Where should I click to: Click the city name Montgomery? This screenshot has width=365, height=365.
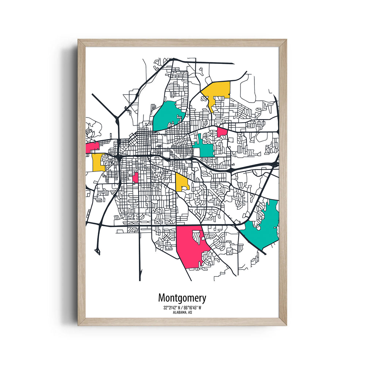(x=182, y=298)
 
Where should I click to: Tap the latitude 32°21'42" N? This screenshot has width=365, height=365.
(x=173, y=308)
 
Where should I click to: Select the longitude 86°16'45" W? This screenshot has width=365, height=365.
(x=192, y=308)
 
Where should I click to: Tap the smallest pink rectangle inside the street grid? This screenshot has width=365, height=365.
(x=135, y=177)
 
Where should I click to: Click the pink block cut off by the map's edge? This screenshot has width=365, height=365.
(x=92, y=147)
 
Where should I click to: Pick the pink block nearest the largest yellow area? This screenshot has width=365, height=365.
(x=222, y=132)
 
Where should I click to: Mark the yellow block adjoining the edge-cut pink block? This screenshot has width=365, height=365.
(x=98, y=162)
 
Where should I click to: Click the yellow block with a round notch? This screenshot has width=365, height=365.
(x=181, y=181)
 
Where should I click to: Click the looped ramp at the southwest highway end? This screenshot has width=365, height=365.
(x=97, y=250)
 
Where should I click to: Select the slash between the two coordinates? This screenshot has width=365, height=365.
(x=182, y=308)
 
